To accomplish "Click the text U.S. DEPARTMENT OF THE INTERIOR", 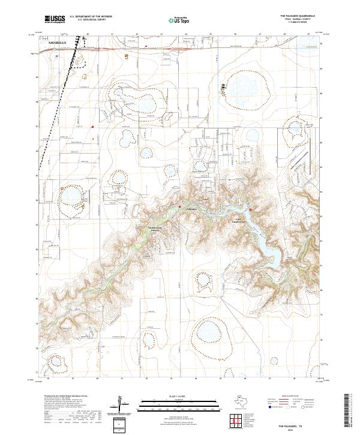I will click(x=90, y=16).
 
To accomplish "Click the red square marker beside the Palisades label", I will click(x=179, y=208).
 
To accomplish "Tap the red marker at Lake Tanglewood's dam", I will click(x=248, y=211).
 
